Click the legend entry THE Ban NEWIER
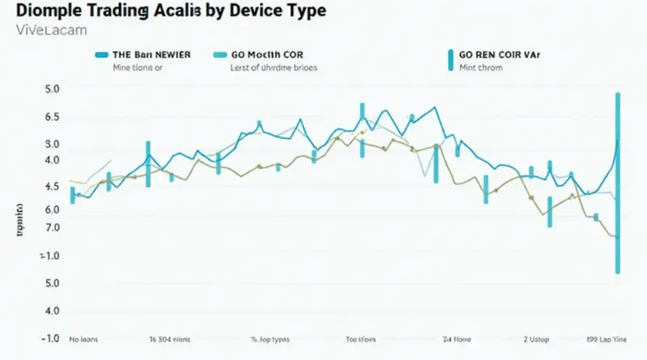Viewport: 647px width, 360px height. pyautogui.click(x=151, y=55)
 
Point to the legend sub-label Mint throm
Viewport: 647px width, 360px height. pyautogui.click(x=480, y=69)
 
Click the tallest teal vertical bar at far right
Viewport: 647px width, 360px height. pyautogui.click(x=618, y=182)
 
